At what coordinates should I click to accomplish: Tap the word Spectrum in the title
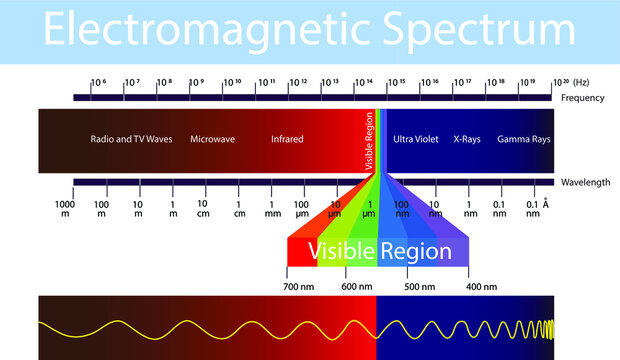pyautogui.click(x=481, y=32)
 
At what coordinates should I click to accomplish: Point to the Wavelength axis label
pyautogui.click(x=583, y=181)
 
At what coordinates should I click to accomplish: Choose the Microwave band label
pyautogui.click(x=212, y=139)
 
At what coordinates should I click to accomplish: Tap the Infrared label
pyautogui.click(x=287, y=139)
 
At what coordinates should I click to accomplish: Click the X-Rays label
pyautogui.click(x=467, y=139)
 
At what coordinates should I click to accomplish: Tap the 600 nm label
pyautogui.click(x=357, y=286)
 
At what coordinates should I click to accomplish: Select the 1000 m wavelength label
pyautogui.click(x=63, y=209)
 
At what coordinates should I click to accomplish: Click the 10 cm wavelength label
pyautogui.click(x=202, y=209)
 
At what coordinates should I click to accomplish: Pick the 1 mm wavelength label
pyautogui.click(x=273, y=209)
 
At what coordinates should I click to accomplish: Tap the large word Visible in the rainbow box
pyautogui.click(x=341, y=251)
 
